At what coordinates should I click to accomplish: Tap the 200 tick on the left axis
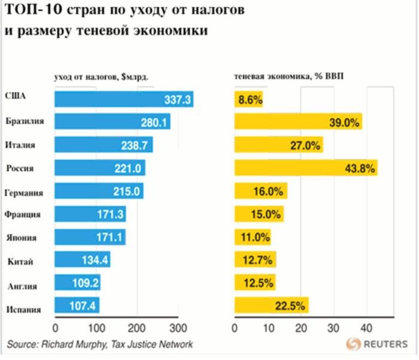pyautogui.click(x=137, y=328)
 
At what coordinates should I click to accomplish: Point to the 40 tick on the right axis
pyautogui.click(x=366, y=328)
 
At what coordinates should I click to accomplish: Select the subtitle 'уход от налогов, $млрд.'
pyautogui.click(x=101, y=77)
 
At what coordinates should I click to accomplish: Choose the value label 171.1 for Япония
pyautogui.click(x=111, y=237)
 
